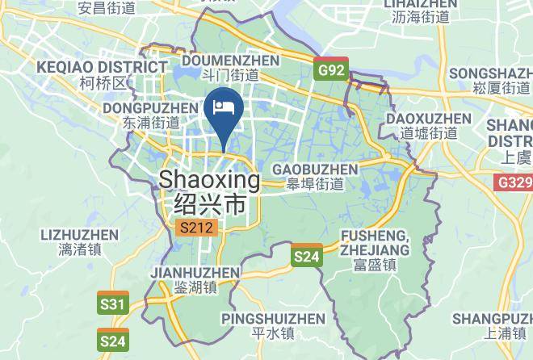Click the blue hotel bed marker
tap(223, 107)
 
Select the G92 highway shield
tap(330, 70)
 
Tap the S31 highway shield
tap(114, 303)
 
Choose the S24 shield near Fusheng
tap(306, 257)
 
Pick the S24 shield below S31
tap(113, 341)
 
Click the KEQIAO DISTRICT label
tap(102, 66)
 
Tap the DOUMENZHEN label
tap(231, 61)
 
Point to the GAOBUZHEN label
tap(315, 170)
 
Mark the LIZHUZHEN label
tap(78, 235)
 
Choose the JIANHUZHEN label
tap(195, 272)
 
